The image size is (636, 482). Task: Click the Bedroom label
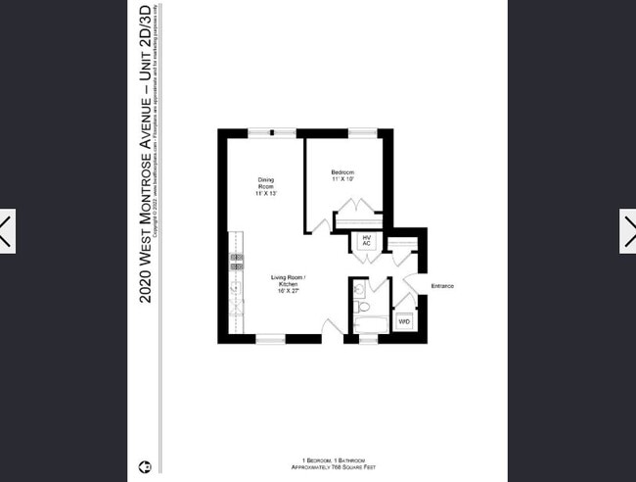(x=342, y=175)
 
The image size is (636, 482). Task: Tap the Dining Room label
(x=266, y=186)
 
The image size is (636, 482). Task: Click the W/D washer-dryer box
(x=404, y=320)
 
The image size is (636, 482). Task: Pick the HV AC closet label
(x=367, y=240)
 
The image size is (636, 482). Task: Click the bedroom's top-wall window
(x=363, y=132)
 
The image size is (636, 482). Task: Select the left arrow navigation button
(x=6, y=231)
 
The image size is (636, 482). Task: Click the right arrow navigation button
(x=628, y=231)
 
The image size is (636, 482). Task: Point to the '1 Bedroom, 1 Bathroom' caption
(x=334, y=460)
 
